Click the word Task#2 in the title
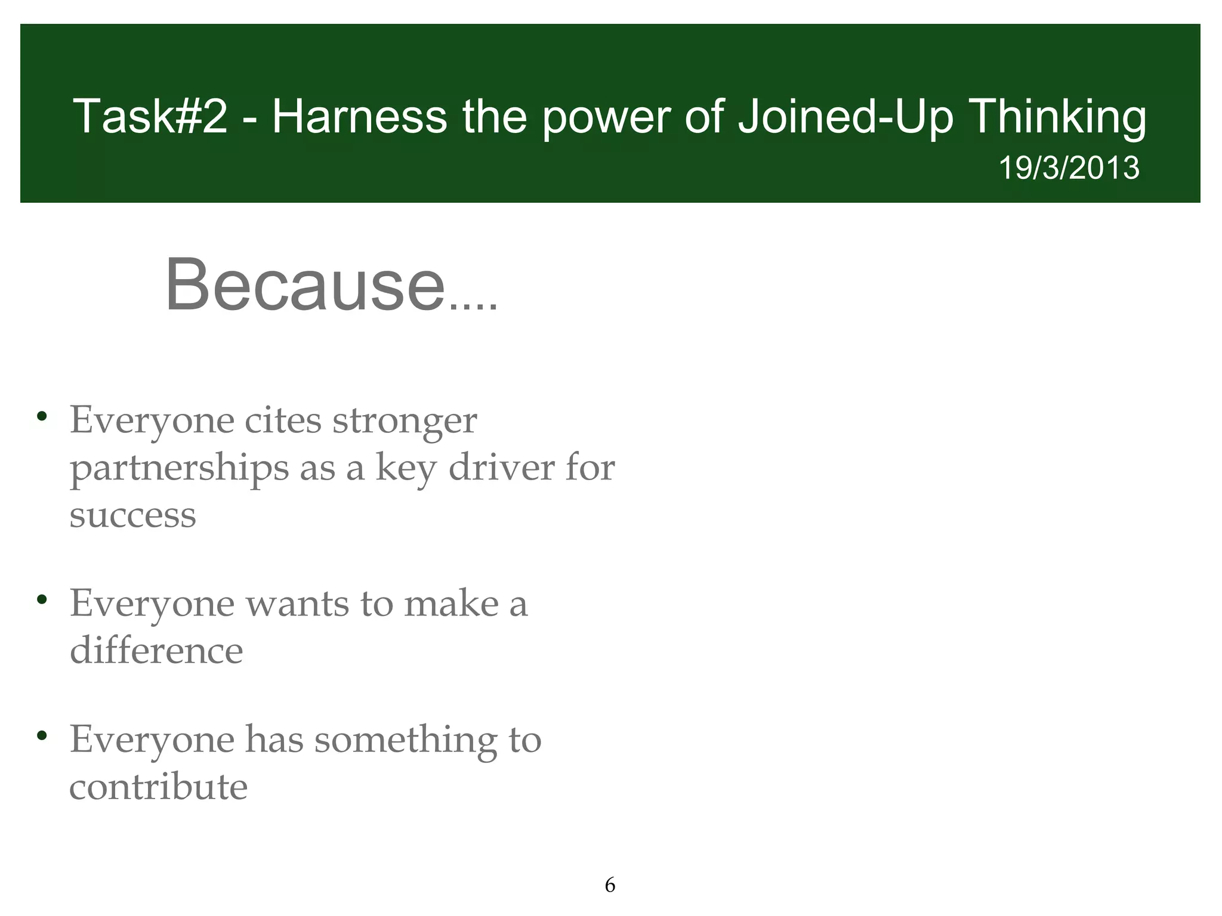coord(150,117)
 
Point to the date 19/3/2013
coord(1069,168)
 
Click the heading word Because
coord(305,284)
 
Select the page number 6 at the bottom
coord(610,885)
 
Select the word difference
coord(156,650)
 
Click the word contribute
coord(158,787)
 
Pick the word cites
coord(283,420)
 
